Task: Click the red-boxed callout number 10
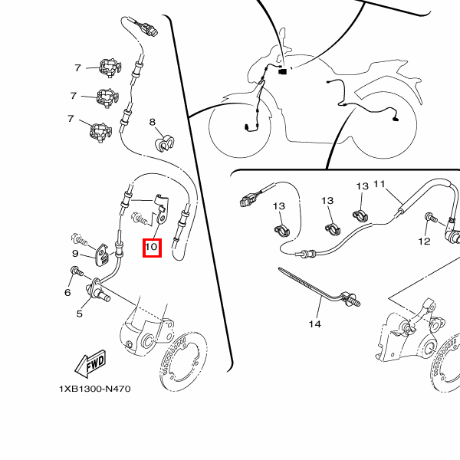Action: [x=152, y=247]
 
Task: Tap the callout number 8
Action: [x=153, y=122]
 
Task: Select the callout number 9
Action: [x=75, y=253]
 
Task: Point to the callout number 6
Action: [x=67, y=292]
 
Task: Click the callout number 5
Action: [x=80, y=314]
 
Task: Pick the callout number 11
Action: [x=379, y=184]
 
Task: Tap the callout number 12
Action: [x=424, y=242]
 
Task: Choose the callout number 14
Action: [x=315, y=324]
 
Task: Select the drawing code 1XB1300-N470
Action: [x=95, y=389]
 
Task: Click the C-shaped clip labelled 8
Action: [x=164, y=143]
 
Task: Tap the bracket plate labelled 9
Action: [x=102, y=255]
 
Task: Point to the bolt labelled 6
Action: [x=77, y=271]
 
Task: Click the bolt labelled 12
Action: [x=431, y=218]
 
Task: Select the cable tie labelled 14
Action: [x=320, y=287]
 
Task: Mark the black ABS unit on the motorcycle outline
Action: [x=282, y=71]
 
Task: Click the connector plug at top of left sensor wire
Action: [x=149, y=30]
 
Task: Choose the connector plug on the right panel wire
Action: [x=248, y=200]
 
